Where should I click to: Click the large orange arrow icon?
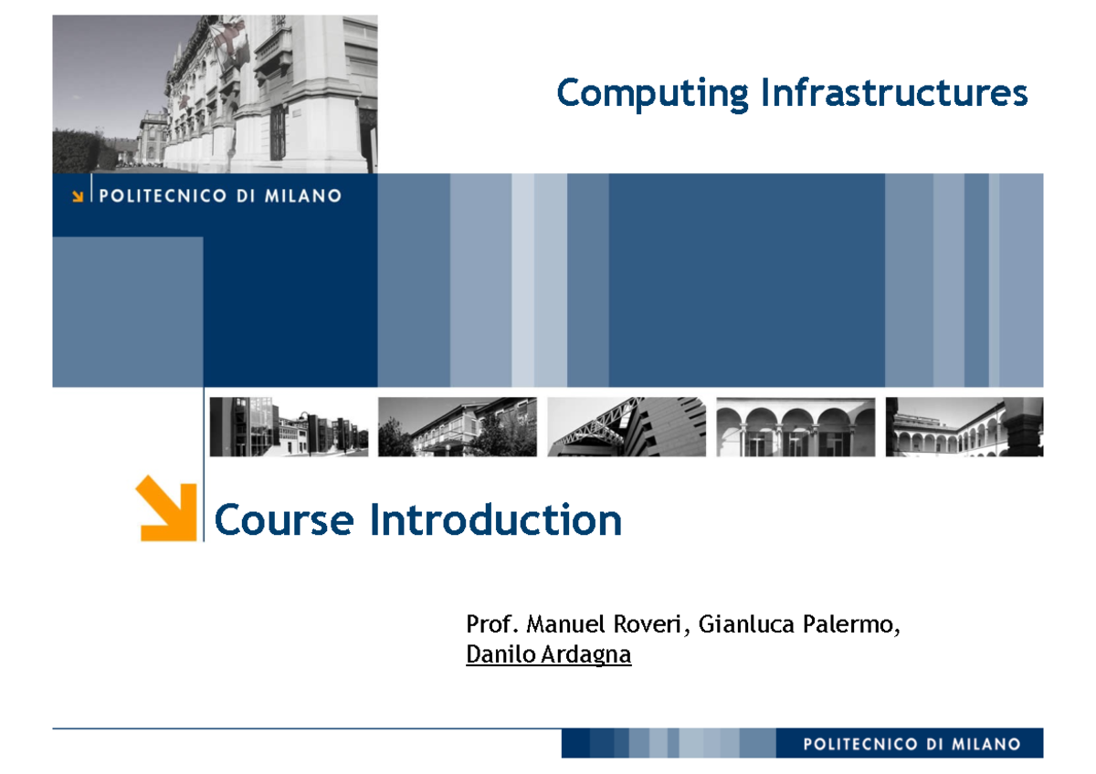pos(166,508)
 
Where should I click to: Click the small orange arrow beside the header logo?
pos(79,195)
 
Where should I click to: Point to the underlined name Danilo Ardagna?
pos(548,654)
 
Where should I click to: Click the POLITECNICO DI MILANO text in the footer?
pos(912,744)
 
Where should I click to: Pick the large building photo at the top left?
pos(215,93)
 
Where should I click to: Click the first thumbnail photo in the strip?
pos(289,426)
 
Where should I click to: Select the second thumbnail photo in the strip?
pos(458,426)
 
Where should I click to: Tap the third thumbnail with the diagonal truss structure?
pos(627,426)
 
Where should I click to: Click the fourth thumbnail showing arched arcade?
pos(796,426)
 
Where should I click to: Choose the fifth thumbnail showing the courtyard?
pos(964,426)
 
